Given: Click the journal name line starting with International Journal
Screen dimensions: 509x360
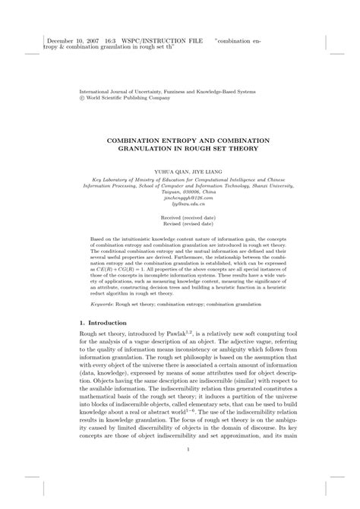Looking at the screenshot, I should point(168,91).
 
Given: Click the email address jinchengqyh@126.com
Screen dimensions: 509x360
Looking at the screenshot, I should point(179,198).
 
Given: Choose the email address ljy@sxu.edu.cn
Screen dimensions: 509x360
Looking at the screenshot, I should point(179,204).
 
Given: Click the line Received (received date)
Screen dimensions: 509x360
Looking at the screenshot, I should point(179,217).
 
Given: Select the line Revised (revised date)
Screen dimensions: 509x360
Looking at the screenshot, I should point(179,224).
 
